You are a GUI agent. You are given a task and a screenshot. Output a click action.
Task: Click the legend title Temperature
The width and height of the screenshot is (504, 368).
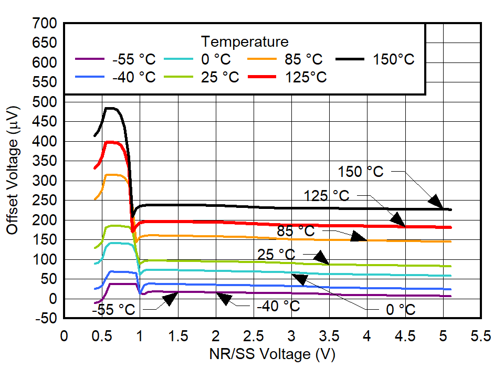[244, 41]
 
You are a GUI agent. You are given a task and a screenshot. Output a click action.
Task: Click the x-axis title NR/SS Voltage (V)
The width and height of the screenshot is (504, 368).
[271, 354]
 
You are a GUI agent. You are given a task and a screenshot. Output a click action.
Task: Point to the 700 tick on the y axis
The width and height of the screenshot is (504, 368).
[45, 24]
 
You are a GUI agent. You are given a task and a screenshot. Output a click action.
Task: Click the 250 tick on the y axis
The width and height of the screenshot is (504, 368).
[45, 201]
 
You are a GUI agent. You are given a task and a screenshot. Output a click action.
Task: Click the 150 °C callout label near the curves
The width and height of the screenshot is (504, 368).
[360, 172]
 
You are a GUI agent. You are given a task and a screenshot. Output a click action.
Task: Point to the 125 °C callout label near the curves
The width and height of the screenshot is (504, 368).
[326, 196]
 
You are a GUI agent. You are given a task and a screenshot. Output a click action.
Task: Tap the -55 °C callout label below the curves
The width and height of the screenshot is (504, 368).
[114, 310]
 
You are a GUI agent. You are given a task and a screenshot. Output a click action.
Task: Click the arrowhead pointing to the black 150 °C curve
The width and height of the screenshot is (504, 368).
[435, 201]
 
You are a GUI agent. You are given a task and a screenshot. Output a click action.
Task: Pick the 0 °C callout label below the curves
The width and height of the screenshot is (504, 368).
[401, 310]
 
